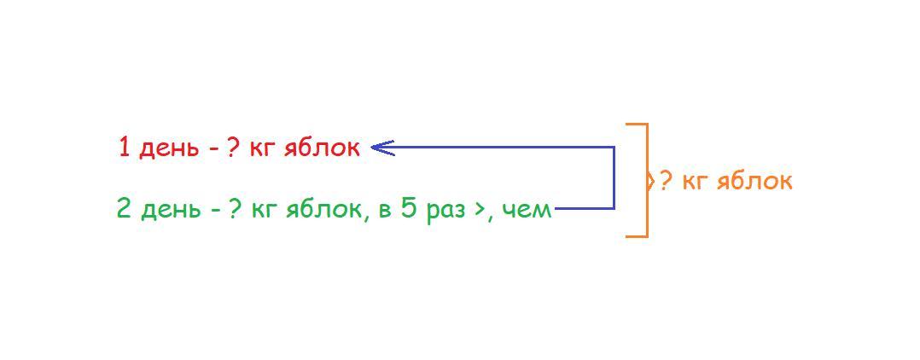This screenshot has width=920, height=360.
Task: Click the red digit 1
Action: click(x=125, y=148)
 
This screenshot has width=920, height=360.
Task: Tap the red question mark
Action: click(x=233, y=148)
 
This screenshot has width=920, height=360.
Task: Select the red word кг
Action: click(x=261, y=148)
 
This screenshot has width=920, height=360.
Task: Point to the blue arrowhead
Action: click(x=380, y=148)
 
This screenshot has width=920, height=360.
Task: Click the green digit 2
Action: click(x=125, y=208)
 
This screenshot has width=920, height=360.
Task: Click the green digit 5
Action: click(x=410, y=208)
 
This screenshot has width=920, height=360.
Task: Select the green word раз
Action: click(x=445, y=210)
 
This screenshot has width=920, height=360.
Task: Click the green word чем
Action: click(x=527, y=209)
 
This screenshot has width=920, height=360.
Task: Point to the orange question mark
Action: click(x=667, y=180)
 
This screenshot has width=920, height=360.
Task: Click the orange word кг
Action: click(x=696, y=181)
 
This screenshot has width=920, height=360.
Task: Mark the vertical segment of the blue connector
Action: click(x=614, y=177)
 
